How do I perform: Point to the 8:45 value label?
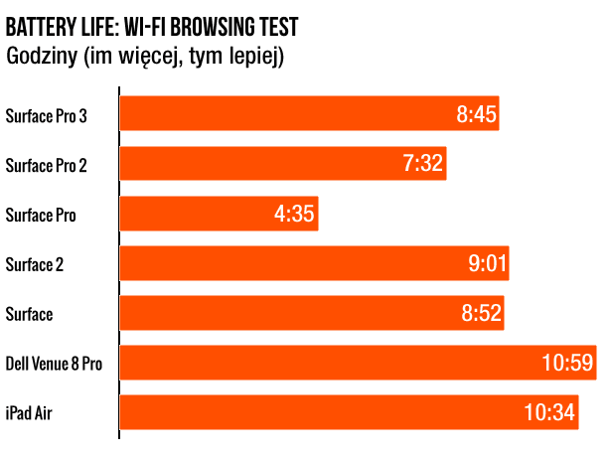tap(476, 114)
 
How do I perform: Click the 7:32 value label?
tap(423, 164)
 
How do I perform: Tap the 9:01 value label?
tap(486, 263)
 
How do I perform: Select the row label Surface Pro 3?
tap(46, 116)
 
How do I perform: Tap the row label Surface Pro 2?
tap(46, 166)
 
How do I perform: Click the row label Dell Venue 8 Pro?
tap(53, 364)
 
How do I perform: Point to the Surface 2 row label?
tap(35, 264)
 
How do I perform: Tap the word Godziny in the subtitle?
tap(41, 57)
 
